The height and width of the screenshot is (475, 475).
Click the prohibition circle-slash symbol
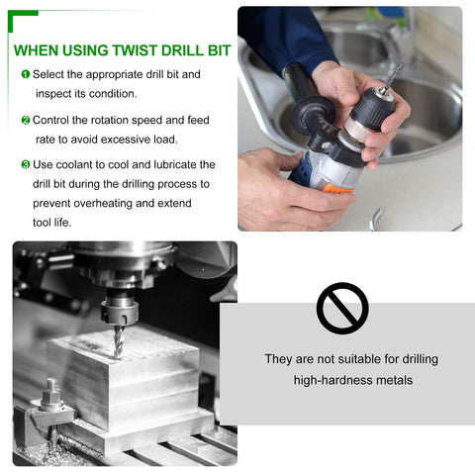pos(342,308)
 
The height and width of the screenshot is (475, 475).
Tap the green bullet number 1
pos(25,74)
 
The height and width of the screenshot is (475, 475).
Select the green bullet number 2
pos(25,120)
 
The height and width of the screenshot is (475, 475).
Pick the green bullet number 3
pos(25,164)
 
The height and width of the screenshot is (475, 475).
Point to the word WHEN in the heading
pos(35,49)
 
